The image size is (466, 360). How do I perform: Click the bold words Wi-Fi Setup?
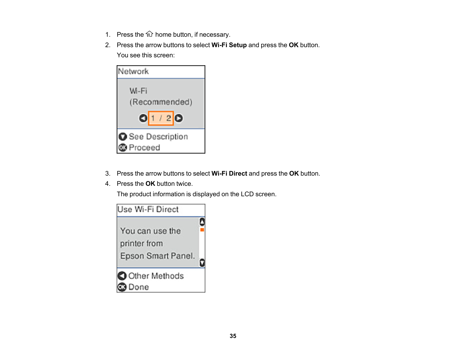coord(229,45)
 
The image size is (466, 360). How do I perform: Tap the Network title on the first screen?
coord(133,71)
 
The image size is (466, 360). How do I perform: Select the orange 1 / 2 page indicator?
coord(161,118)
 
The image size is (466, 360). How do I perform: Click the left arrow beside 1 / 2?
coord(143,118)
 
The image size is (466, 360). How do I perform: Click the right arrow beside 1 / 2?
coord(178,118)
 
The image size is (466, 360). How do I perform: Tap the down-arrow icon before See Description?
coord(123,137)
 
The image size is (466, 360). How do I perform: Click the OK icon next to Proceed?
coord(123,148)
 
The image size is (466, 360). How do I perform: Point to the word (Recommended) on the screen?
coord(161,102)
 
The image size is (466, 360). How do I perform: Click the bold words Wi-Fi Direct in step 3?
coord(229,173)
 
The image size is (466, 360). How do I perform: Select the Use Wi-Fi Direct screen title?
coord(148,210)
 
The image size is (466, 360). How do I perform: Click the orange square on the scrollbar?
coord(202,230)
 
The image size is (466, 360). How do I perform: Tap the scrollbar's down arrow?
coord(202,263)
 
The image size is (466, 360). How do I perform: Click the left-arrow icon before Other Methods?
coord(122,276)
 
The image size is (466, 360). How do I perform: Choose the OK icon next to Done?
coord(122,287)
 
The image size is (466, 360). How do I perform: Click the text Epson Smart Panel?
coord(157,256)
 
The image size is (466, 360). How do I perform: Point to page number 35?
coord(233,336)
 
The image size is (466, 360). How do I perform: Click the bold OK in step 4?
coord(150,184)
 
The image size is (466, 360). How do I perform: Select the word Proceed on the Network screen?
coord(144,148)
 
